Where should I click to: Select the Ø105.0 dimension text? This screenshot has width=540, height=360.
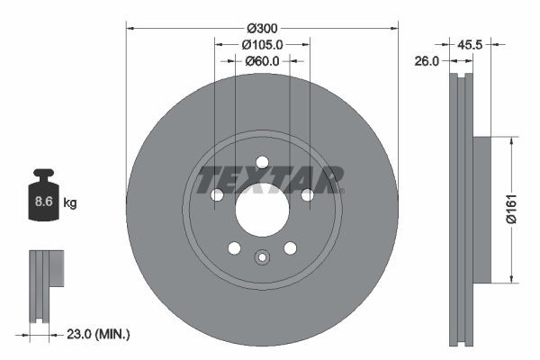[262, 44]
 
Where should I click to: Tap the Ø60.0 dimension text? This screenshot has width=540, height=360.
[262, 61]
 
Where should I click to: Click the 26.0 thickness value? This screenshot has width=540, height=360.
[427, 61]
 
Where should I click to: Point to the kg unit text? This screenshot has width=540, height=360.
[70, 203]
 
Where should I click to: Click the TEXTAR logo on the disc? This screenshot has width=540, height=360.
[270, 178]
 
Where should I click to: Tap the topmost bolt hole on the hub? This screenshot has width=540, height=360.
[262, 162]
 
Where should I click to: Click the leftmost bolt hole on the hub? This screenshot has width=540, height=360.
[217, 195]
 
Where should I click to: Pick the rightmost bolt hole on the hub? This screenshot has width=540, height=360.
[307, 195]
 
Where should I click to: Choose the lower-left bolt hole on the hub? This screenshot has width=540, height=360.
[234, 248]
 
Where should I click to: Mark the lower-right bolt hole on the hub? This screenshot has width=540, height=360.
[290, 248]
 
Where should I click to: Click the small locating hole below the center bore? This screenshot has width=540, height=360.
[262, 257]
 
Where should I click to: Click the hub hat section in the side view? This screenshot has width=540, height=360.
[481, 210]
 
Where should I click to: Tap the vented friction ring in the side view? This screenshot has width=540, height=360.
[460, 210]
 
